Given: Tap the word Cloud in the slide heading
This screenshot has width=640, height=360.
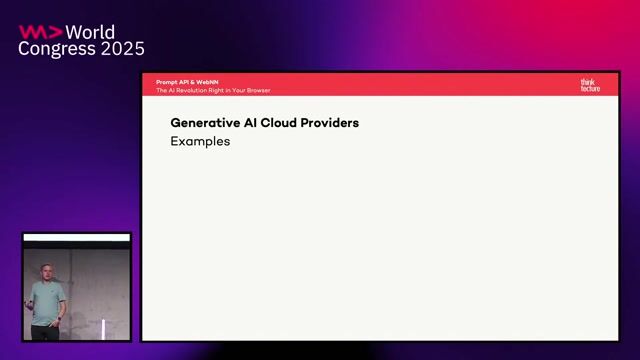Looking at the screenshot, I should (274, 123).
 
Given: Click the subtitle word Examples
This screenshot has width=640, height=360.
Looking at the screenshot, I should (200, 142).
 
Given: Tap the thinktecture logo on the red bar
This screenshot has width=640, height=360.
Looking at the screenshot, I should (590, 85).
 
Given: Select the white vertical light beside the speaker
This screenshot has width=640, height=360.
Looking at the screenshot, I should (103, 328).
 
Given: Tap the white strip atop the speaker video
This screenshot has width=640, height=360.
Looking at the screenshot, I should (77, 237).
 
